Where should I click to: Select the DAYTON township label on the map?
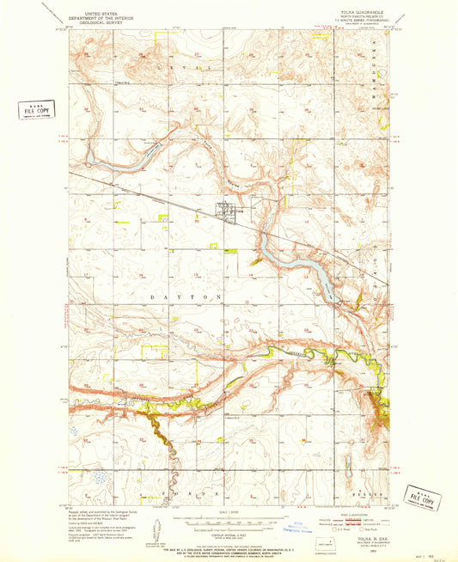194,296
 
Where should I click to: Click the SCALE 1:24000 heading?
229,514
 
